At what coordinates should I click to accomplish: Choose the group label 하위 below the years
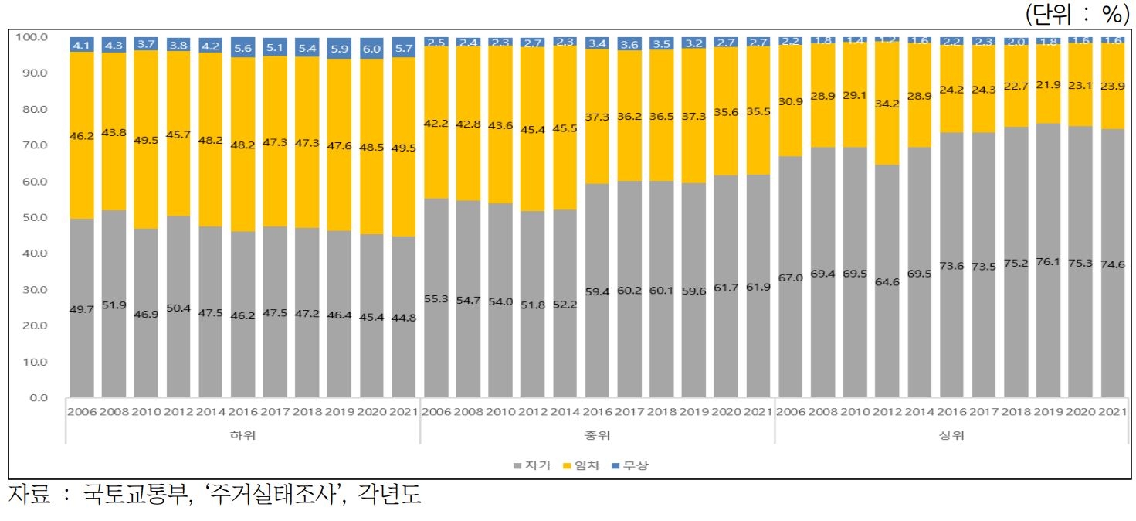click(242, 435)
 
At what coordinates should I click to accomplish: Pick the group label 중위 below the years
click(597, 435)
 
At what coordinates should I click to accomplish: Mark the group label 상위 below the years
click(952, 435)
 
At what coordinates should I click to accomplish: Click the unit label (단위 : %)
click(1077, 13)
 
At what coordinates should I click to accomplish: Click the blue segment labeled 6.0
click(372, 48)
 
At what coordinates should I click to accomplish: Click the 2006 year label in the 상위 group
click(792, 412)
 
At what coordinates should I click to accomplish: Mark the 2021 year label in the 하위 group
click(404, 412)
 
